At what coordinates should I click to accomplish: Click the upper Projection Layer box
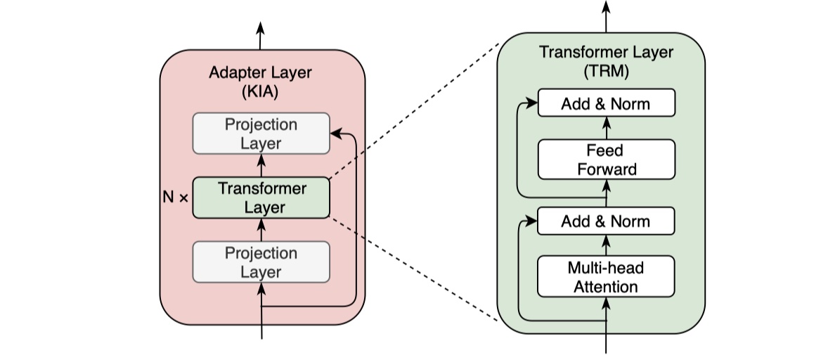261,134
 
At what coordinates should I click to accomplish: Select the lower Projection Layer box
261,262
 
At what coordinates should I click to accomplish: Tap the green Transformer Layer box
261,198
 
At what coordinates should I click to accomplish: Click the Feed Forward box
606,160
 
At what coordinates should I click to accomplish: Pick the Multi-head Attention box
606,277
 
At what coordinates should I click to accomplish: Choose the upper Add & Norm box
606,104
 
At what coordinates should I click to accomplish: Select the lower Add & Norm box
606,221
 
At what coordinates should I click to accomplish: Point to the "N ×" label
175,198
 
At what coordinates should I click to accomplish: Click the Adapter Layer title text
261,72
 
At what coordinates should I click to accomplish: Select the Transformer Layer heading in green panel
606,52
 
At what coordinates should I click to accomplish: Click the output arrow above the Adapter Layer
261,35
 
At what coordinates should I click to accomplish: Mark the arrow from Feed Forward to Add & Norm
606,128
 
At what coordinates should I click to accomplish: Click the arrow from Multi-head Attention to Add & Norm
606,245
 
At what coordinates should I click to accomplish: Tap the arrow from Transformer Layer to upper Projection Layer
261,166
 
